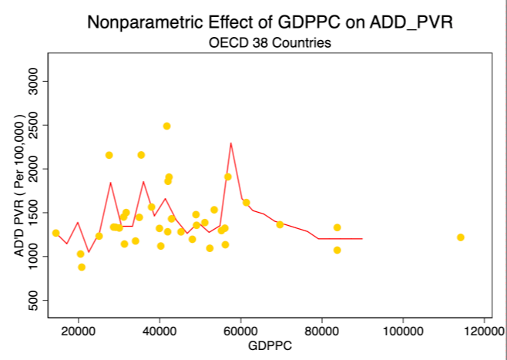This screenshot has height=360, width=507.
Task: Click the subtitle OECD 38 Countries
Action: coord(270,42)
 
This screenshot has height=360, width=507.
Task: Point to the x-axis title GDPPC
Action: coord(270,346)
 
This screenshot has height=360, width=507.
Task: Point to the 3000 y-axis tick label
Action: coord(34,81)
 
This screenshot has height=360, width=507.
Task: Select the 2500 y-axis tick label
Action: coord(34,125)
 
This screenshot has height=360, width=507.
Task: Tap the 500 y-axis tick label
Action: coord(34,300)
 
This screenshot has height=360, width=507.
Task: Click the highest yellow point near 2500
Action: coord(166,126)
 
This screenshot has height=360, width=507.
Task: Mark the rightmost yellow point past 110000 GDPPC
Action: coord(461,237)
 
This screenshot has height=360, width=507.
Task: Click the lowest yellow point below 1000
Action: coord(82,267)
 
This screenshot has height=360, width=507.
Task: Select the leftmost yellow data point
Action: coord(55,234)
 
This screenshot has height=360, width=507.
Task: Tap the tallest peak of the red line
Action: coord(231,143)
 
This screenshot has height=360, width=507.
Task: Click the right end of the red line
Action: coord(362,239)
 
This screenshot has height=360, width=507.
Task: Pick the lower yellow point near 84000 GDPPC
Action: coord(337,250)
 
